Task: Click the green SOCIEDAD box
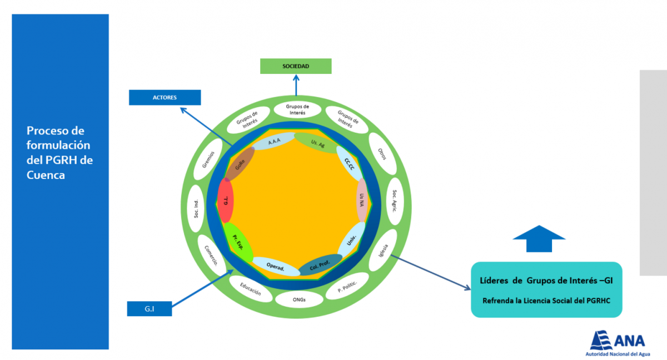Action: point(296,66)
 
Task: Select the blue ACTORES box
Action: point(165,97)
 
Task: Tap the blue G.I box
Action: point(150,308)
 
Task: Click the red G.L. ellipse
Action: point(226,201)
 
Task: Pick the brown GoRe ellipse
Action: point(240,164)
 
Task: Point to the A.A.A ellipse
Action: point(274,141)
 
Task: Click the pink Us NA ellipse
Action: point(362,200)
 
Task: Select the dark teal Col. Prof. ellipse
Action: point(320,264)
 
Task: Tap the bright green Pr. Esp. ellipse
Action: point(238,242)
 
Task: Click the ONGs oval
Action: point(299,299)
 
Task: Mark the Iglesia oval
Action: point(383,250)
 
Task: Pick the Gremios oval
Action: point(208,159)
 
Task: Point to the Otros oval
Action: point(382,154)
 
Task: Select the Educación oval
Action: point(251,289)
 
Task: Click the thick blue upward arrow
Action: point(539,239)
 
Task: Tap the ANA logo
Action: point(618,343)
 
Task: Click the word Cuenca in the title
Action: point(46,175)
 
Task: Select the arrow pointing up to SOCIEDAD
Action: point(296,85)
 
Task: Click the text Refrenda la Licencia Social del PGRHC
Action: point(546,301)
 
